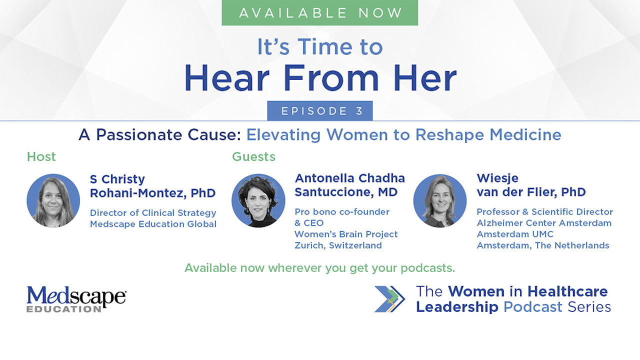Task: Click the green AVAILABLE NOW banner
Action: coord(319,12)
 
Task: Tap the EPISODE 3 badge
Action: coord(319,110)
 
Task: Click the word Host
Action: coord(41,156)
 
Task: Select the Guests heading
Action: coord(253,156)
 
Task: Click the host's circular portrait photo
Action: coord(53,200)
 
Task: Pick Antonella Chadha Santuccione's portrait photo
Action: coord(258,200)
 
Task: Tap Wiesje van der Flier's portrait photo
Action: coord(440,200)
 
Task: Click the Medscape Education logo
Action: coord(76,299)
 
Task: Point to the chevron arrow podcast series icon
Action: coord(389,299)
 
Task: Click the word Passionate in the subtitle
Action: coord(139,134)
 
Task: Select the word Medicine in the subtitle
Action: coord(525,134)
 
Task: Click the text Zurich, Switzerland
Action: coord(338,245)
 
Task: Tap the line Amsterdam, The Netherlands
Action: coord(543,245)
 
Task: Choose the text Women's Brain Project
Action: coord(346,234)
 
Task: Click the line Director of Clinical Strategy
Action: coord(153,213)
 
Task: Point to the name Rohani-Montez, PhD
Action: coord(153,193)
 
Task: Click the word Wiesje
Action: coord(497,178)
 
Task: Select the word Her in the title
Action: coord(425,77)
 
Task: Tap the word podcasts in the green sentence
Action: coord(427,268)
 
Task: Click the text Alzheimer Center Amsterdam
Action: coord(544,223)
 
